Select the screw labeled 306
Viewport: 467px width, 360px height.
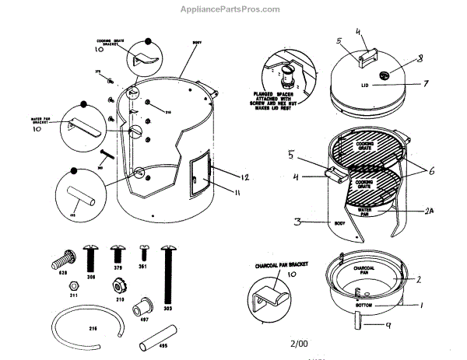click(x=92, y=257)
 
